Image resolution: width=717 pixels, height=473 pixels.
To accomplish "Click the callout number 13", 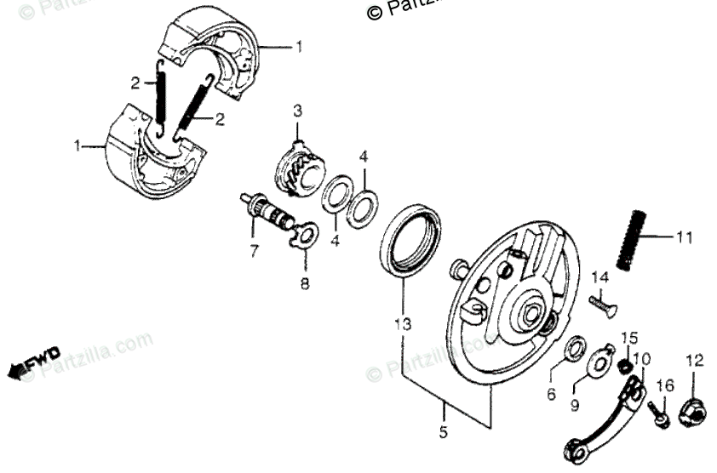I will tap(402, 323).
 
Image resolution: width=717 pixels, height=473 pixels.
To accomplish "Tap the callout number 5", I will tap(443, 432).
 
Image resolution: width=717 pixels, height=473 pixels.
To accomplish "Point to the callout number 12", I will tap(694, 360).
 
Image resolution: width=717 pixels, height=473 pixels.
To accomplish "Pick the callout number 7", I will tap(253, 250).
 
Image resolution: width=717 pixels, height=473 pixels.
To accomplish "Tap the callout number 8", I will tap(304, 282).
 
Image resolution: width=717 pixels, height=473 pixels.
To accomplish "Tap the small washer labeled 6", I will tap(575, 347).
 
